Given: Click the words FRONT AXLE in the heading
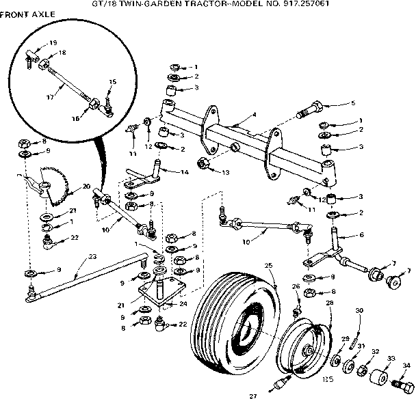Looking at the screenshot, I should click(x=27, y=14).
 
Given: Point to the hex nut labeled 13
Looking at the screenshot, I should click(x=203, y=163).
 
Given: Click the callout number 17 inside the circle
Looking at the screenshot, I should click(x=49, y=97).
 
